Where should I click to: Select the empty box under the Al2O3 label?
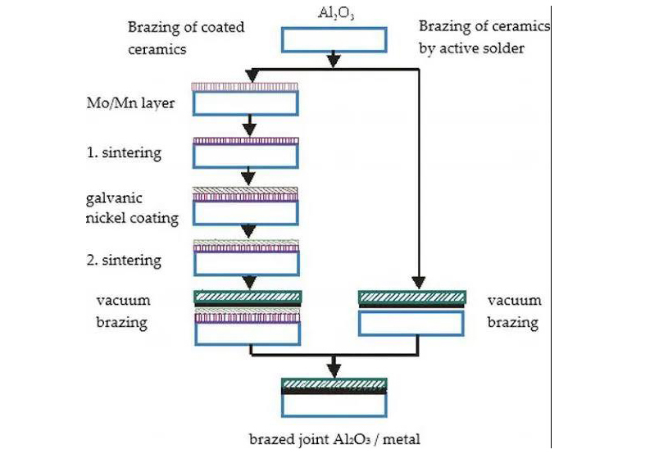(x=334, y=39)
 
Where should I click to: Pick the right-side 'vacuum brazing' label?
(x=513, y=311)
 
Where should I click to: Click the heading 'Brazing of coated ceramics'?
(x=185, y=38)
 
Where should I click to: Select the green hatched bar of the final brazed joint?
(x=334, y=384)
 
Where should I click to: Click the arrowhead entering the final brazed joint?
(x=334, y=368)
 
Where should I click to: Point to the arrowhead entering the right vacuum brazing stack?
(x=419, y=282)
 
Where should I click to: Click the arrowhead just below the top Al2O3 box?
(x=334, y=61)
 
